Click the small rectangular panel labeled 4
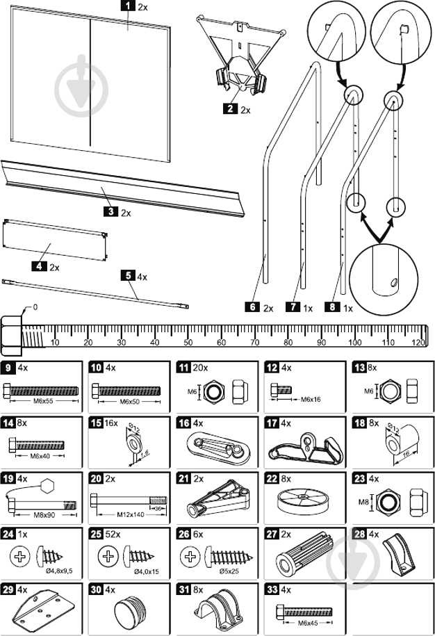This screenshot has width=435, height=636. click(x=56, y=240)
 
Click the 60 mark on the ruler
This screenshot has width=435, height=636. click(x=220, y=342)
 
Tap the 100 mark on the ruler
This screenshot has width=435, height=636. click(x=354, y=342)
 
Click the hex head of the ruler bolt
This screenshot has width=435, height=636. click(x=12, y=332)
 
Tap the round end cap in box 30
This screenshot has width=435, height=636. click(x=130, y=609)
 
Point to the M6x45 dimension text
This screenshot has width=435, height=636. click(x=306, y=623)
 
